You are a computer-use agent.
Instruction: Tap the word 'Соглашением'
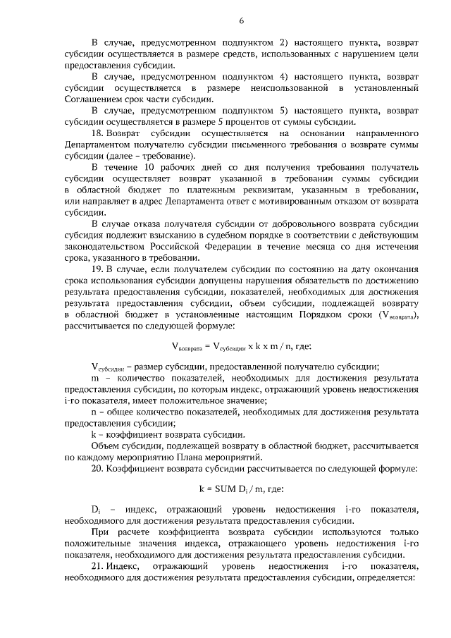93,99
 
